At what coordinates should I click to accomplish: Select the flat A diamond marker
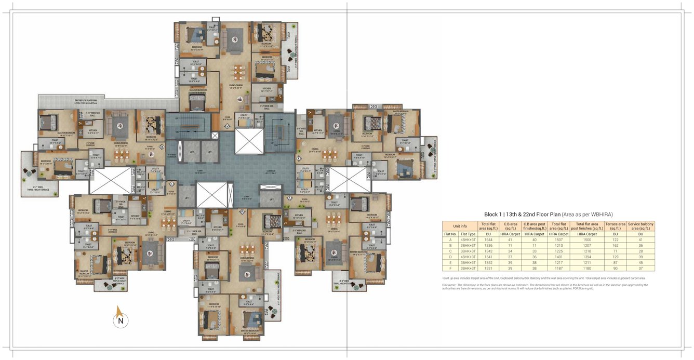(227, 126)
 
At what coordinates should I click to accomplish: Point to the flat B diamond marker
(162, 147)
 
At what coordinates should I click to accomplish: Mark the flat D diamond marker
(242, 211)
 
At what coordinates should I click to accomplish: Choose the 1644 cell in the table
(488, 239)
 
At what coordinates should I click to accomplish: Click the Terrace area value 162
(615, 245)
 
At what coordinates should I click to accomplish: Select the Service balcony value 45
(640, 262)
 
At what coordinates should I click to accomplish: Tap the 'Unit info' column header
(460, 226)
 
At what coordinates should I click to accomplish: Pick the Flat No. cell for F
(450, 268)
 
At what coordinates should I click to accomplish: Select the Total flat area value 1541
(488, 257)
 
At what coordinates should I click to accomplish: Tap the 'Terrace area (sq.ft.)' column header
(615, 226)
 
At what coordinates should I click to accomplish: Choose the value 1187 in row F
(558, 268)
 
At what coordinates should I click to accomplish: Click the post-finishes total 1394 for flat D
(586, 257)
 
